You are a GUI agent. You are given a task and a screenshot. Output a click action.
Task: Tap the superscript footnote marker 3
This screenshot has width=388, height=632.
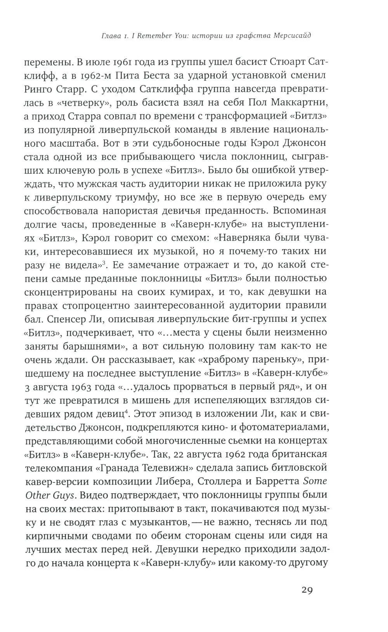point(104,263)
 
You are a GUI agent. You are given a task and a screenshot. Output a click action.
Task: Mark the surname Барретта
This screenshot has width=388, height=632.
point(277,481)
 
